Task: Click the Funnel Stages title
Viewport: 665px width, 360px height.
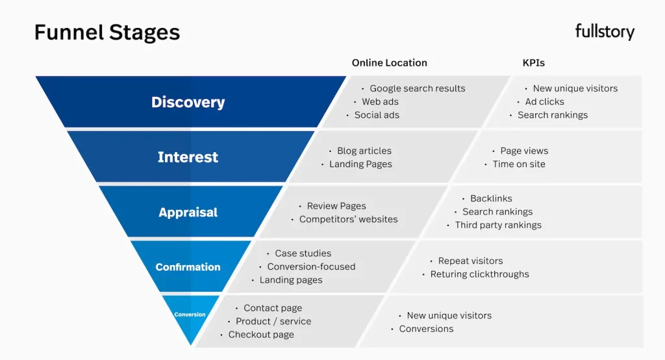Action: click(107, 32)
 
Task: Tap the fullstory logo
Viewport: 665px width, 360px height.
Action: click(605, 31)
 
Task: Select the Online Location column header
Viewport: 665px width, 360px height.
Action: click(390, 63)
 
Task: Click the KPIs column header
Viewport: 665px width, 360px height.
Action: click(534, 63)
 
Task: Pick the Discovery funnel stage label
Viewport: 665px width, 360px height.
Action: click(188, 102)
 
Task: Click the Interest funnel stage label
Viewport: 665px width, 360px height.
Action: click(188, 157)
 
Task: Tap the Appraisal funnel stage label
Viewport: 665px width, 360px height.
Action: click(188, 212)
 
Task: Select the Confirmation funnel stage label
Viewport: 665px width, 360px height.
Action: click(188, 267)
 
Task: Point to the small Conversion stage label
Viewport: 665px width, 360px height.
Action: click(190, 315)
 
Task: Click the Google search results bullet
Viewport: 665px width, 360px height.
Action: click(417, 88)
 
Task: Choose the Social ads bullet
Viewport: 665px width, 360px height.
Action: click(377, 115)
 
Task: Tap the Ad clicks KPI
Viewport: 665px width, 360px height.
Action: click(544, 102)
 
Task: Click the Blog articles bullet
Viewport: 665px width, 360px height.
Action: click(364, 151)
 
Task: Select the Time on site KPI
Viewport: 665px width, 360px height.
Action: click(518, 164)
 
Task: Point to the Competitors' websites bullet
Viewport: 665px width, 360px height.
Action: click(348, 220)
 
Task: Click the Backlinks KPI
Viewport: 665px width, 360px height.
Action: click(490, 199)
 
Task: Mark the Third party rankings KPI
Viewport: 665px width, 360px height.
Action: click(497, 225)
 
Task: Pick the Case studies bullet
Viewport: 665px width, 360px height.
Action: click(303, 253)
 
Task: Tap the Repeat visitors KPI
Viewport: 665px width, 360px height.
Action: click(470, 261)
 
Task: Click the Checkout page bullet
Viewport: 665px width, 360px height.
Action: click(260, 335)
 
